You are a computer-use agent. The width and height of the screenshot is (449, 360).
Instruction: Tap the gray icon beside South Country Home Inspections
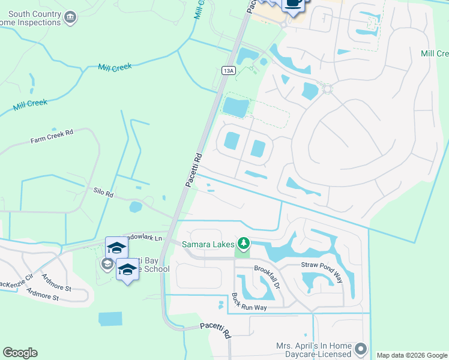[x=70, y=17]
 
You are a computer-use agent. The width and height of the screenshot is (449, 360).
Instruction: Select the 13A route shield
[x=228, y=70]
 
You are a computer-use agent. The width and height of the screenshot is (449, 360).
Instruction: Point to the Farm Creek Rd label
[x=52, y=136]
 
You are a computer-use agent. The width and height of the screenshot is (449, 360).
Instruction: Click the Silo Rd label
[x=103, y=193]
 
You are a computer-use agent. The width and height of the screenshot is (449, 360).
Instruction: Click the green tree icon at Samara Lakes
[x=243, y=243]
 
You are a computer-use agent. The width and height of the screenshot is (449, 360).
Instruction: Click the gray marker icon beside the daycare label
[x=361, y=349]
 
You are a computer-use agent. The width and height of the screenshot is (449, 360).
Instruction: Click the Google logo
[x=20, y=353]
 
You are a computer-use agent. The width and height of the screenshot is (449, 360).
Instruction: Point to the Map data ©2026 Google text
[x=412, y=355]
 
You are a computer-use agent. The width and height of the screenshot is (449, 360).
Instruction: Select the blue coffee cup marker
[x=293, y=4]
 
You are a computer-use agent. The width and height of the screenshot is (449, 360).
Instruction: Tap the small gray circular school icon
[x=107, y=264]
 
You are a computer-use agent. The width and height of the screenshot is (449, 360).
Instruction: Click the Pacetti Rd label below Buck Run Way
[x=215, y=331]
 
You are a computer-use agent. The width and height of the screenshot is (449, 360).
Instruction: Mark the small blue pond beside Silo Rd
[x=136, y=207]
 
